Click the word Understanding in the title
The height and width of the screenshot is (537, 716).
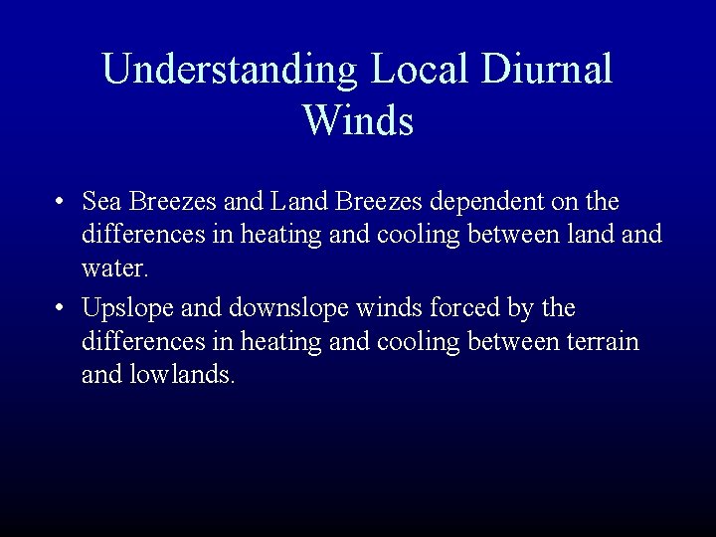(228, 70)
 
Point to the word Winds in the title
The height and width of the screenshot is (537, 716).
(358, 121)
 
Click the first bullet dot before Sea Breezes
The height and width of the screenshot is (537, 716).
(62, 203)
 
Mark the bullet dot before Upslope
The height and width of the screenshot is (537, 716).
(62, 308)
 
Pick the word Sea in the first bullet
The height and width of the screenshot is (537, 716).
(101, 203)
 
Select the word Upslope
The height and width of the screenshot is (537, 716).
(124, 308)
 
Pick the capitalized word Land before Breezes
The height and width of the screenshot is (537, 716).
(294, 203)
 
